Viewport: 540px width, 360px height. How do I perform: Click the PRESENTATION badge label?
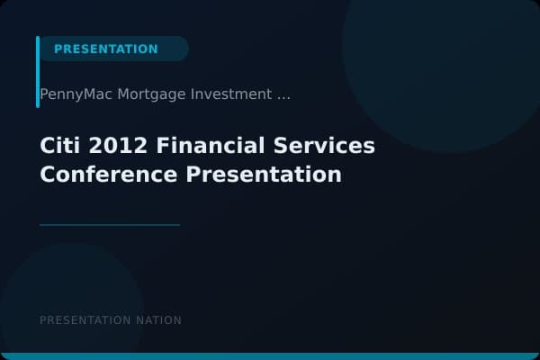pos(105,49)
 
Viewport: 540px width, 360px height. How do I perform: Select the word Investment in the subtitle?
pos(231,94)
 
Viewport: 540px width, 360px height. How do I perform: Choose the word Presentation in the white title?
pos(265,174)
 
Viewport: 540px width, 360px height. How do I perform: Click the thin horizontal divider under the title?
pos(110,224)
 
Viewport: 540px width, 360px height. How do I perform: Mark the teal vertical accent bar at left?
pos(38,72)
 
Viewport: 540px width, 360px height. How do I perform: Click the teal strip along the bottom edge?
pos(270,356)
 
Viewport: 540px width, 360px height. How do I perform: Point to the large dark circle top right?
pos(441,54)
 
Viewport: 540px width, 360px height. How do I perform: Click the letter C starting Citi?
pos(47,146)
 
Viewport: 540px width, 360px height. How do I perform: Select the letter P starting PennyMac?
pos(44,94)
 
